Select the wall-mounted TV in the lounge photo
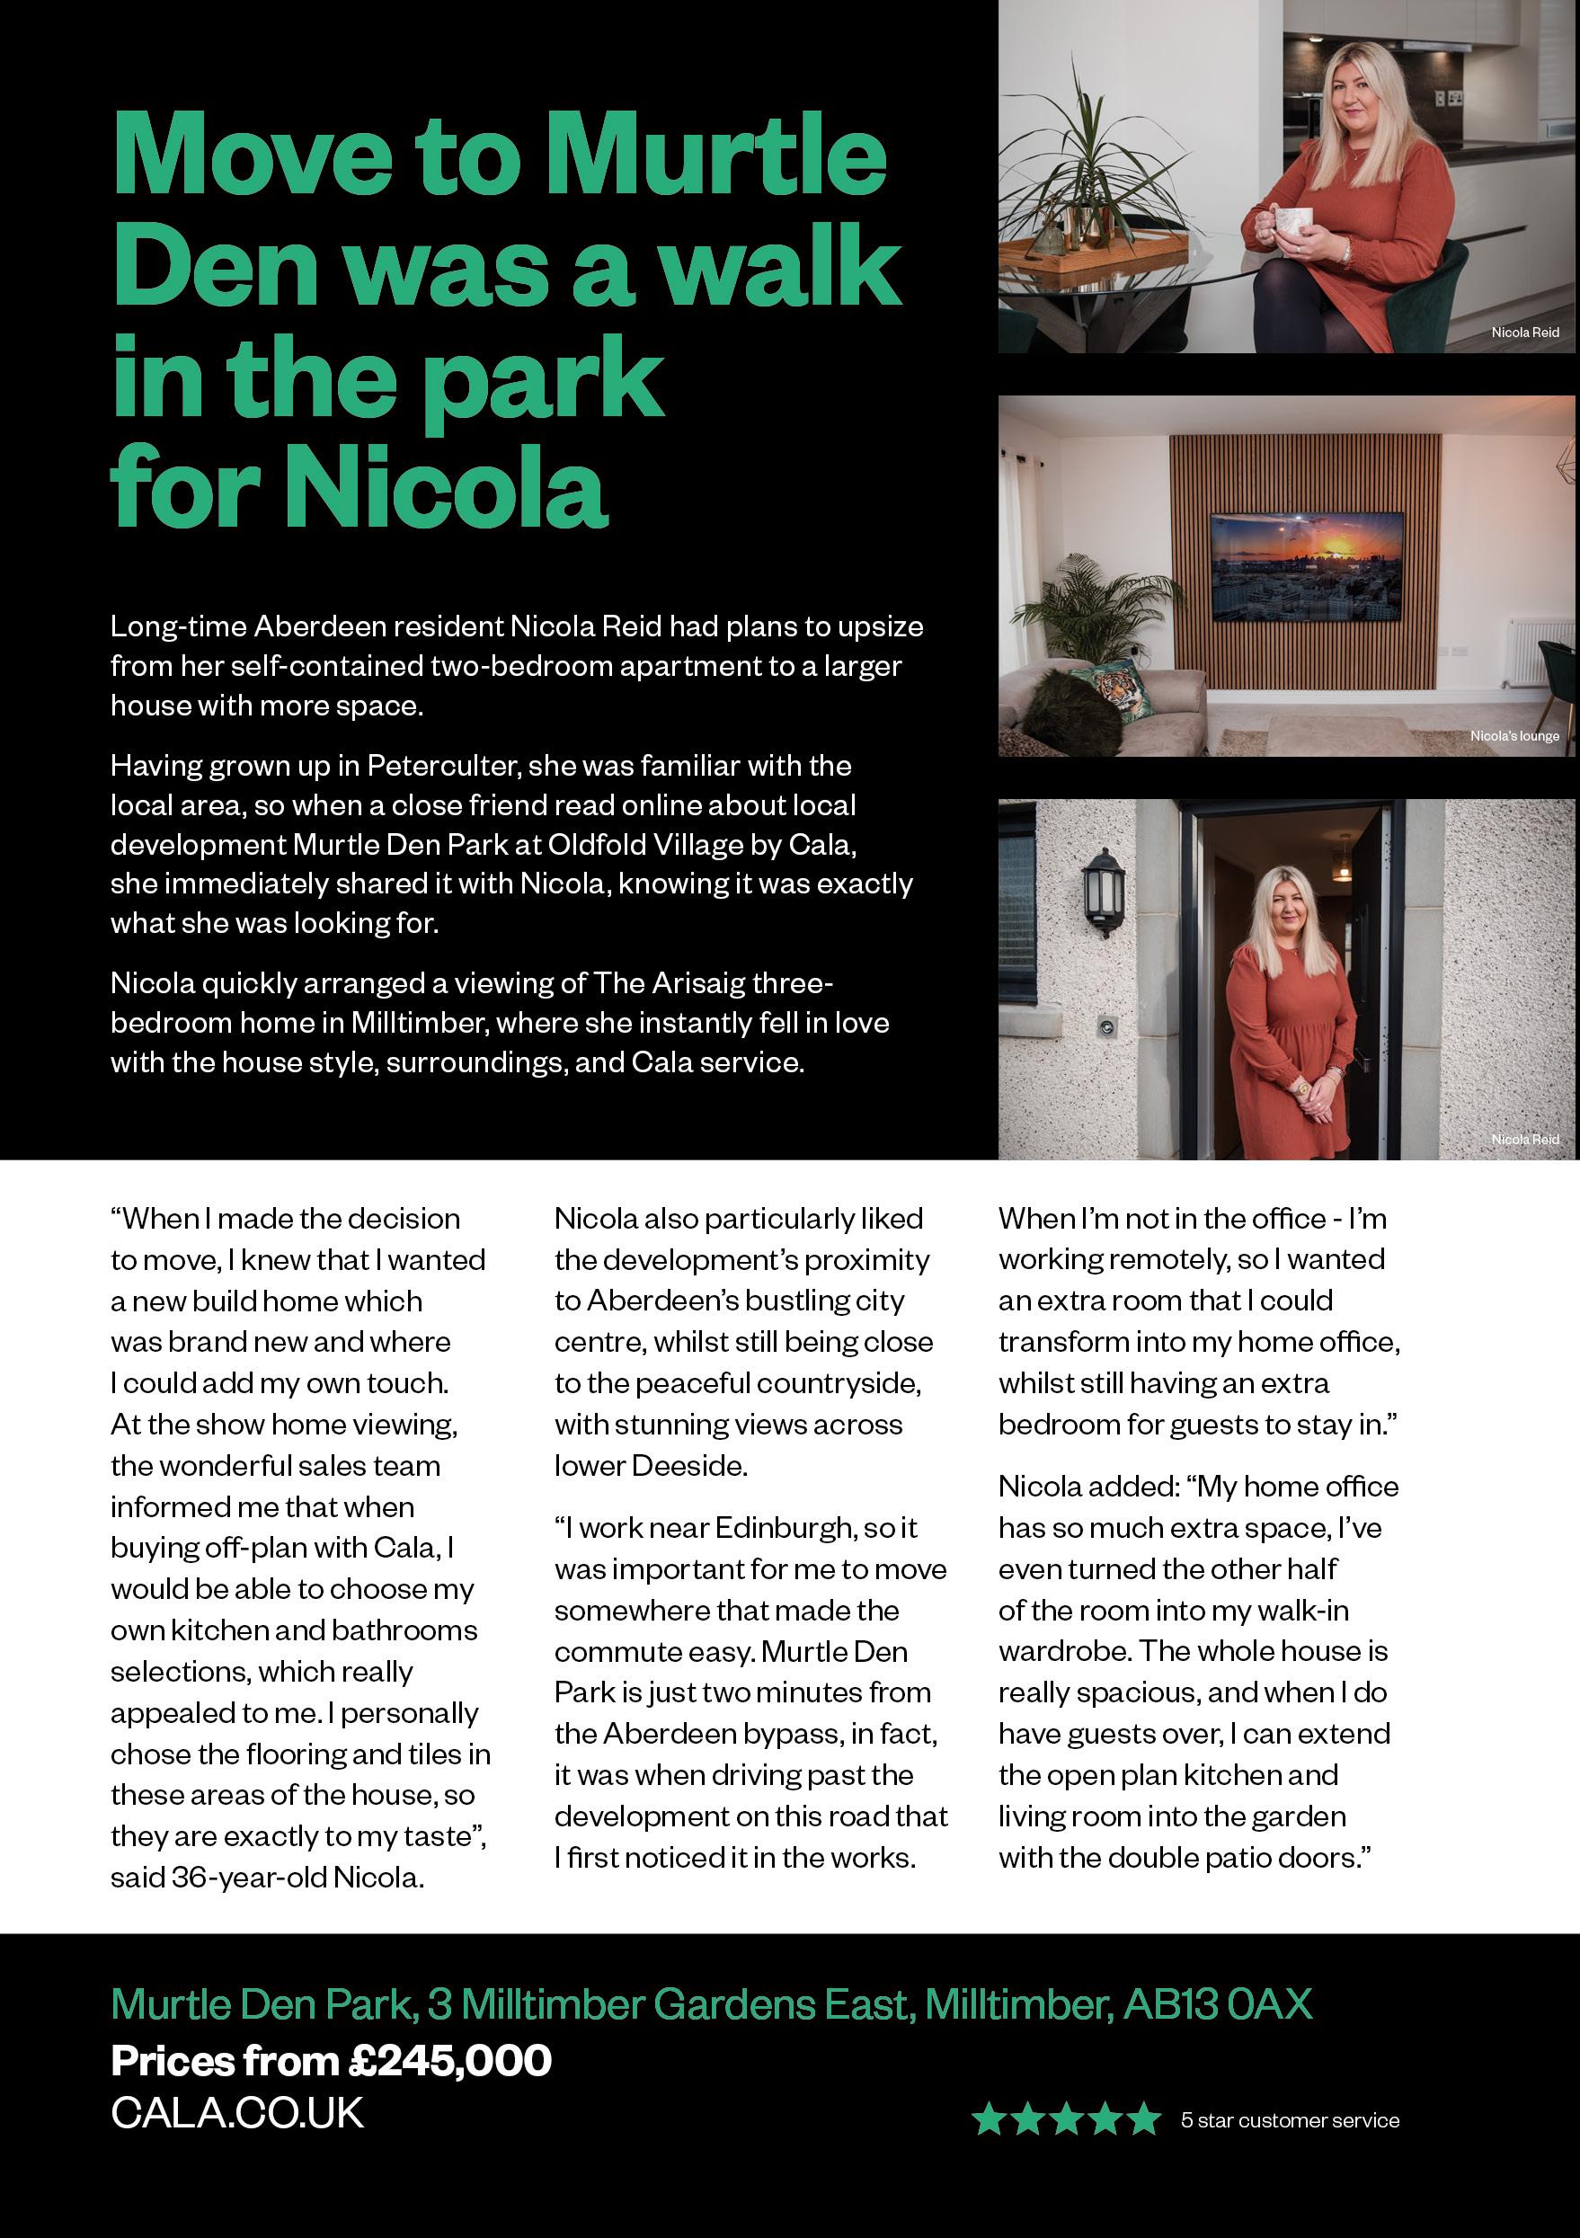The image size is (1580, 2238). [1306, 565]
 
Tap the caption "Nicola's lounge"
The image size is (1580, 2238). [1513, 736]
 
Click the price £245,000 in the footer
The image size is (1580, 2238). [449, 2061]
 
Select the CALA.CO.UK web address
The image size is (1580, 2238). [237, 2112]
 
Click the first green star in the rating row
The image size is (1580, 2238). [989, 2119]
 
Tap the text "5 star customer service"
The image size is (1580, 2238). [1290, 2120]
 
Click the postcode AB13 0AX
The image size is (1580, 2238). [1218, 2004]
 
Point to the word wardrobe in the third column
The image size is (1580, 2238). [1062, 1651]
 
